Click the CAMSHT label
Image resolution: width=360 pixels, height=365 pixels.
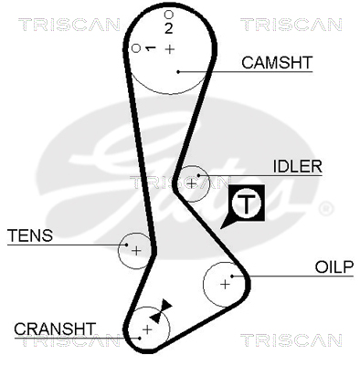[277, 62]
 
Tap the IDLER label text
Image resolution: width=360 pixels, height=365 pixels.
[297, 166]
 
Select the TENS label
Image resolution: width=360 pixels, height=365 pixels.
[30, 235]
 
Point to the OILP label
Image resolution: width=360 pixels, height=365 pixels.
[334, 267]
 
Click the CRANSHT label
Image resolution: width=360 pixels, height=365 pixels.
[55, 328]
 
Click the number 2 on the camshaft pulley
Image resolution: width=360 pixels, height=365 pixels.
[168, 28]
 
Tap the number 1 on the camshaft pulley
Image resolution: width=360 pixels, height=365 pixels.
[150, 48]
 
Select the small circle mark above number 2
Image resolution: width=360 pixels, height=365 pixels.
[169, 15]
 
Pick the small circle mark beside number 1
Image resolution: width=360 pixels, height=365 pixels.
[136, 48]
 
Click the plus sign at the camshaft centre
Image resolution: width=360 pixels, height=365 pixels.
[170, 49]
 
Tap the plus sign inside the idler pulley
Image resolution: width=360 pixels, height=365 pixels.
[191, 183]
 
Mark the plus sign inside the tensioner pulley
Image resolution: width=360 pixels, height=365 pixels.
[136, 251]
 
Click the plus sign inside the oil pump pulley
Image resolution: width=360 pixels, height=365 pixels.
[225, 285]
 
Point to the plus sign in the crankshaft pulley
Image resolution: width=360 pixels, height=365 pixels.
[147, 329]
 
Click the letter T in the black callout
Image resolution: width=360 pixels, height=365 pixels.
[246, 203]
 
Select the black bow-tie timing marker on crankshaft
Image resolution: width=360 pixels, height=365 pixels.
[161, 311]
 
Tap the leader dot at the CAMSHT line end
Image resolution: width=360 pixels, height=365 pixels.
[178, 72]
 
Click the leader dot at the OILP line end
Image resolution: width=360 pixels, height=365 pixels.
[232, 276]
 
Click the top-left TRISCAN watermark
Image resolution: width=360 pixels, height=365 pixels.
[69, 25]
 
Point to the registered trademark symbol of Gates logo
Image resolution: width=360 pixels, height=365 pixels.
[326, 209]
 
